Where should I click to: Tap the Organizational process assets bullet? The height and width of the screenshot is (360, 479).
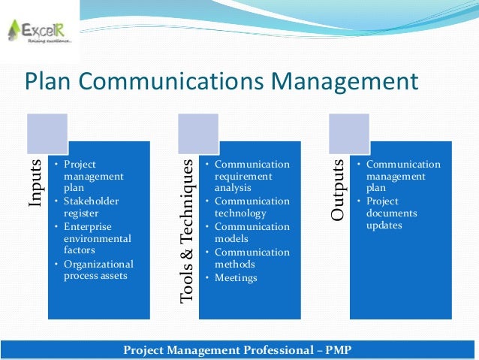[x=98, y=270]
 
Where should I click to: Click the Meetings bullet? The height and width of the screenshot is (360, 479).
[x=236, y=278]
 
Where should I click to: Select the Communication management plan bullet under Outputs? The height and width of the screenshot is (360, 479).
[x=402, y=177]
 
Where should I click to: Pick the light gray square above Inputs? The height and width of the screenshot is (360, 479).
[x=47, y=134]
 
